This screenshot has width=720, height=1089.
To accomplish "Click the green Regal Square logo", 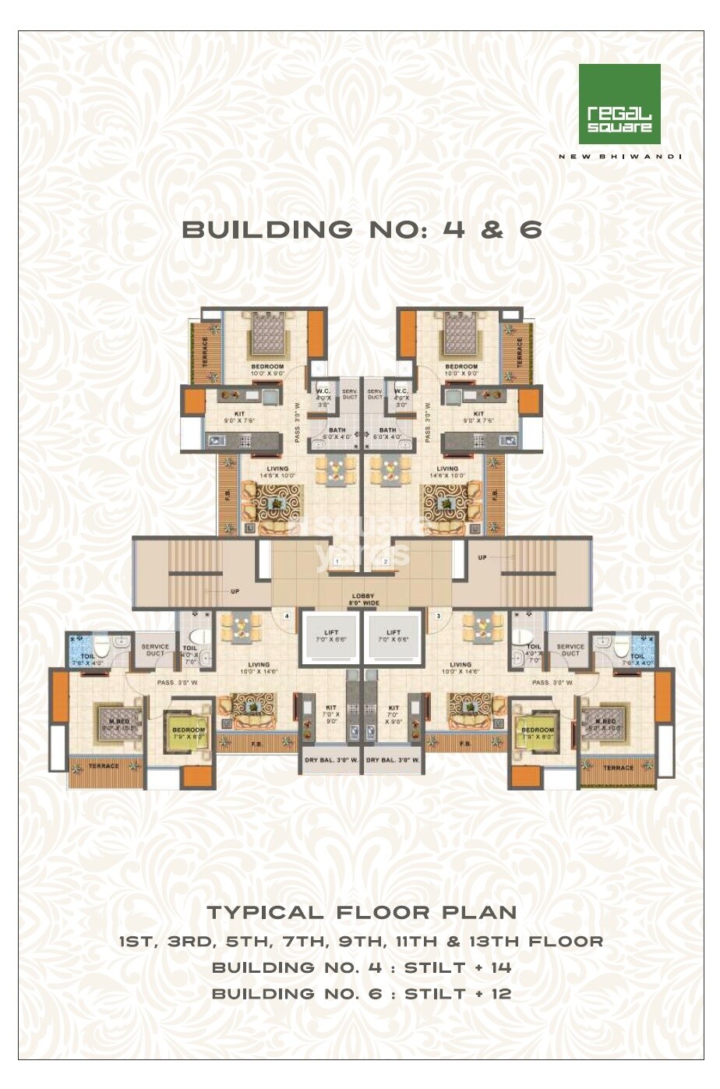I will click(x=619, y=104).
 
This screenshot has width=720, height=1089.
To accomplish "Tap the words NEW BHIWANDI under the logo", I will click(x=619, y=157).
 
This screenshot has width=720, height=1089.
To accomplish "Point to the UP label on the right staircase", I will click(x=482, y=557).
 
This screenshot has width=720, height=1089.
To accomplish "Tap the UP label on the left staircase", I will click(x=235, y=592).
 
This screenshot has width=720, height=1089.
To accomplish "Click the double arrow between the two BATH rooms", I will click(x=362, y=433).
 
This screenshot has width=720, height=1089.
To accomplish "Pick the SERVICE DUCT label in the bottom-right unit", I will click(x=570, y=649).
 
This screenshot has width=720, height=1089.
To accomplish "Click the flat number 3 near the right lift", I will click(x=438, y=616).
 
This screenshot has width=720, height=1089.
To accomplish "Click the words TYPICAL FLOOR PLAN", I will click(x=362, y=912).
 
